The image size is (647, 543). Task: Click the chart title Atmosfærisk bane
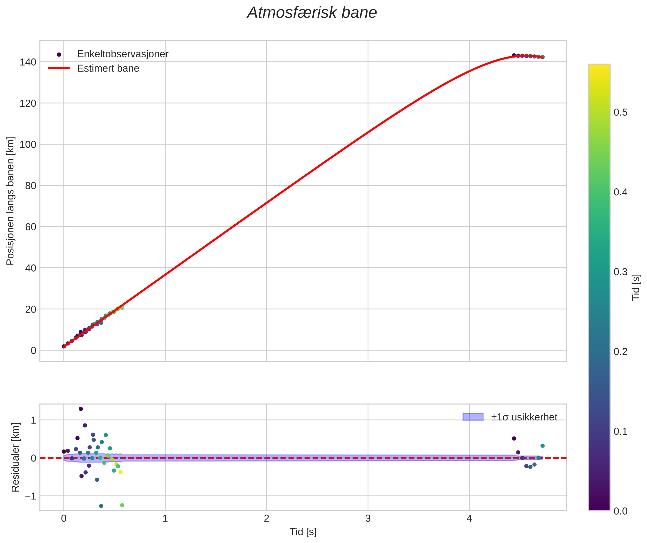[312, 13]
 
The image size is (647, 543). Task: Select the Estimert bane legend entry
[108, 68]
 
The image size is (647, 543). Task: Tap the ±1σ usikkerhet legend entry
[524, 417]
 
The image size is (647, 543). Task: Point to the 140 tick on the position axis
[28, 62]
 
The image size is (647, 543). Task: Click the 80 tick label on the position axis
[31, 186]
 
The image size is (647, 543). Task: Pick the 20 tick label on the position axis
[31, 309]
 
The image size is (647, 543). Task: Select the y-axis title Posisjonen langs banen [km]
[10, 201]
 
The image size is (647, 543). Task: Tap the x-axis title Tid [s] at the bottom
[303, 532]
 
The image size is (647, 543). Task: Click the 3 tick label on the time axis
[368, 519]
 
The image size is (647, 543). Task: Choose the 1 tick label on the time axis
[165, 519]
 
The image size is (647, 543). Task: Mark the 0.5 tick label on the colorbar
[620, 112]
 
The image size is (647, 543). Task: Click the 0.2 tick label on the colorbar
[620, 352]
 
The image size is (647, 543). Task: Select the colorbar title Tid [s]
[636, 287]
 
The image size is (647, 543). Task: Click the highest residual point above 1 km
[81, 409]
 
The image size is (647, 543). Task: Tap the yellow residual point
[121, 472]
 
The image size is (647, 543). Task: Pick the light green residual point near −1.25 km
[122, 505]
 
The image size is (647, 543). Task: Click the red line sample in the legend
[59, 68]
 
